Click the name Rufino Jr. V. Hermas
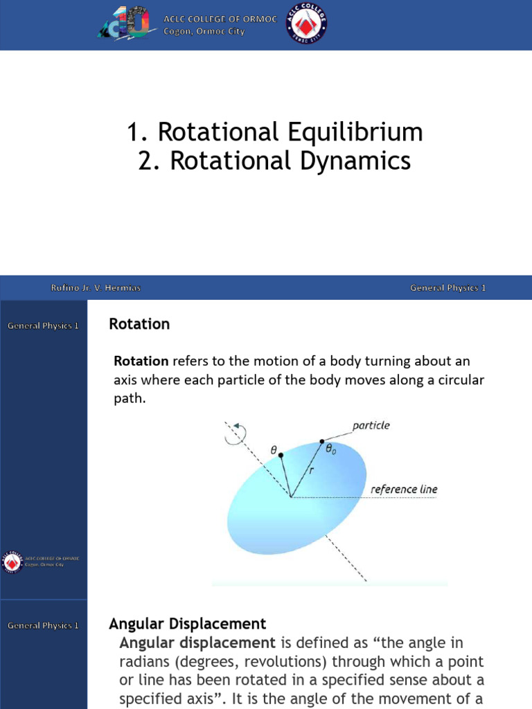pyautogui.click(x=96, y=288)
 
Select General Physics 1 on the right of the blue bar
pyautogui.click(x=447, y=288)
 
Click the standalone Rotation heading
pyautogui.click(x=139, y=324)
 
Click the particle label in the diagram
pyautogui.click(x=371, y=426)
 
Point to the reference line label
pyautogui.click(x=404, y=489)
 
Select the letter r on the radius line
pyautogui.click(x=311, y=469)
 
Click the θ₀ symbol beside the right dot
pyautogui.click(x=332, y=448)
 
